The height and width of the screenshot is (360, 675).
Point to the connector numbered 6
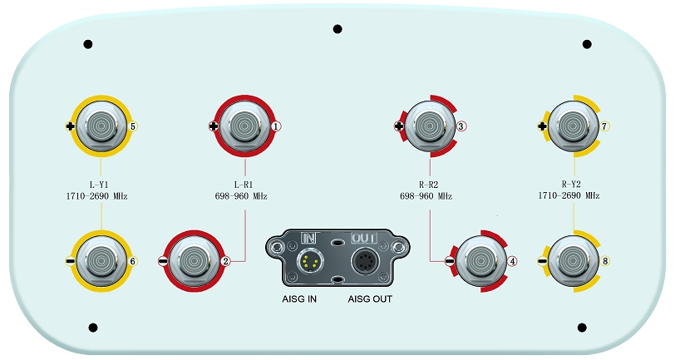click(x=101, y=260)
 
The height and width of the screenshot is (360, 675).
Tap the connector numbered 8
click(x=572, y=260)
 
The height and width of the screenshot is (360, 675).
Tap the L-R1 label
click(x=244, y=185)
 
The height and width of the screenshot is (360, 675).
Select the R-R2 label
click(x=430, y=185)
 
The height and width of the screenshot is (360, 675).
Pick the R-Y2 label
click(x=572, y=185)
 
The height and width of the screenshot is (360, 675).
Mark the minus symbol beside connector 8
click(x=542, y=261)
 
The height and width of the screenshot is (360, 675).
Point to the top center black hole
click(x=337, y=29)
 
